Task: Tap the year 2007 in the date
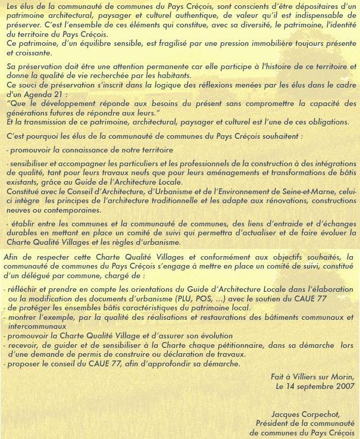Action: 345,385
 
